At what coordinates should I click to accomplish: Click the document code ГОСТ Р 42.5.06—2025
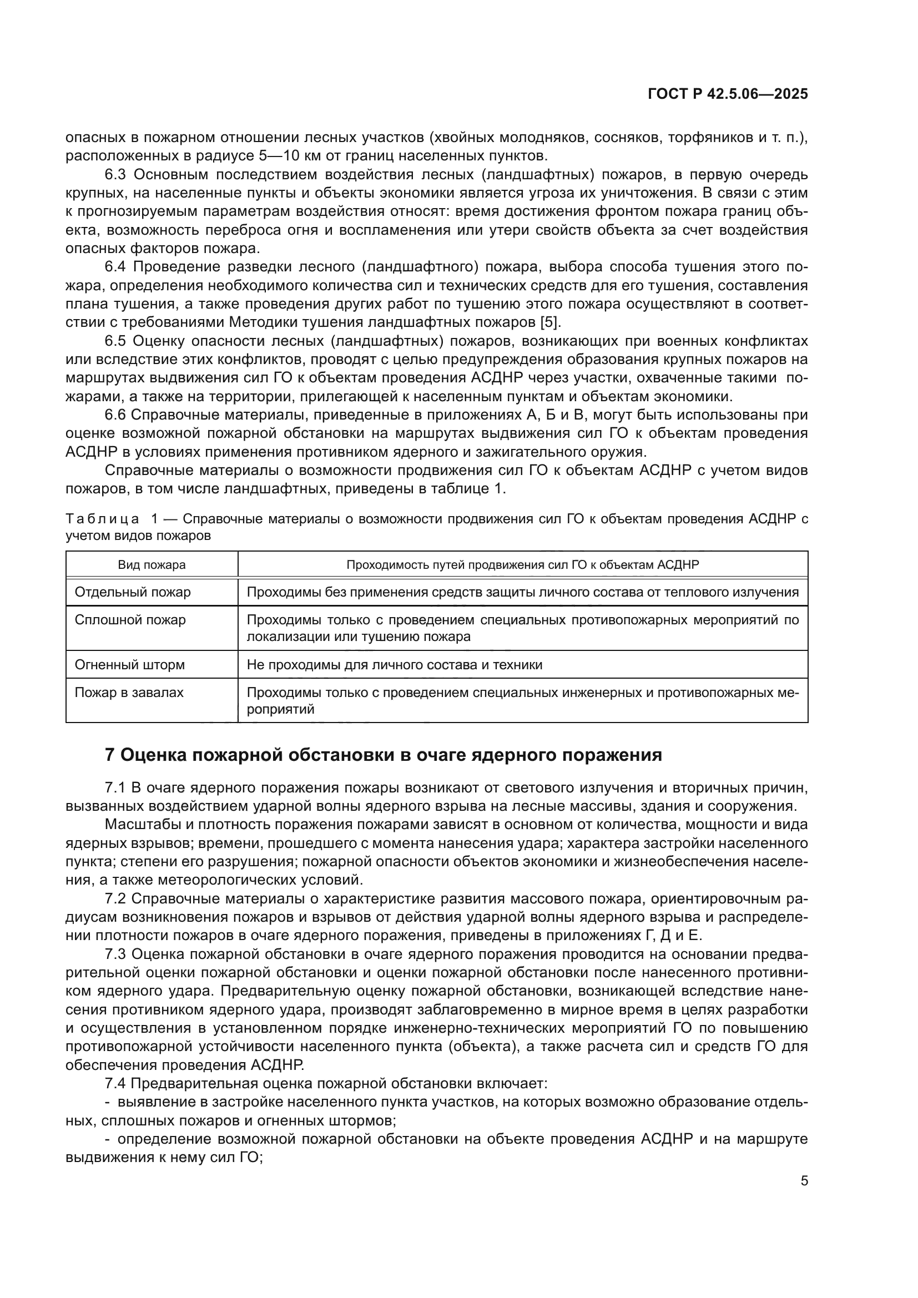coord(728,94)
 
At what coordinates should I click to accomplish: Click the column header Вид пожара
coord(152,565)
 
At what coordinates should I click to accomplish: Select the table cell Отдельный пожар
coord(133,592)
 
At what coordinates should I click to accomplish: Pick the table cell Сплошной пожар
coord(130,620)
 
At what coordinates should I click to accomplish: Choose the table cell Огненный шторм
coord(129,664)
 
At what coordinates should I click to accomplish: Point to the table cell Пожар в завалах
coord(129,692)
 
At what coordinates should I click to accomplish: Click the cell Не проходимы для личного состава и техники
coord(394,664)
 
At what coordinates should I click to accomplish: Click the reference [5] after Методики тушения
coord(549,322)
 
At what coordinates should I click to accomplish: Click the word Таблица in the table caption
coord(102,519)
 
